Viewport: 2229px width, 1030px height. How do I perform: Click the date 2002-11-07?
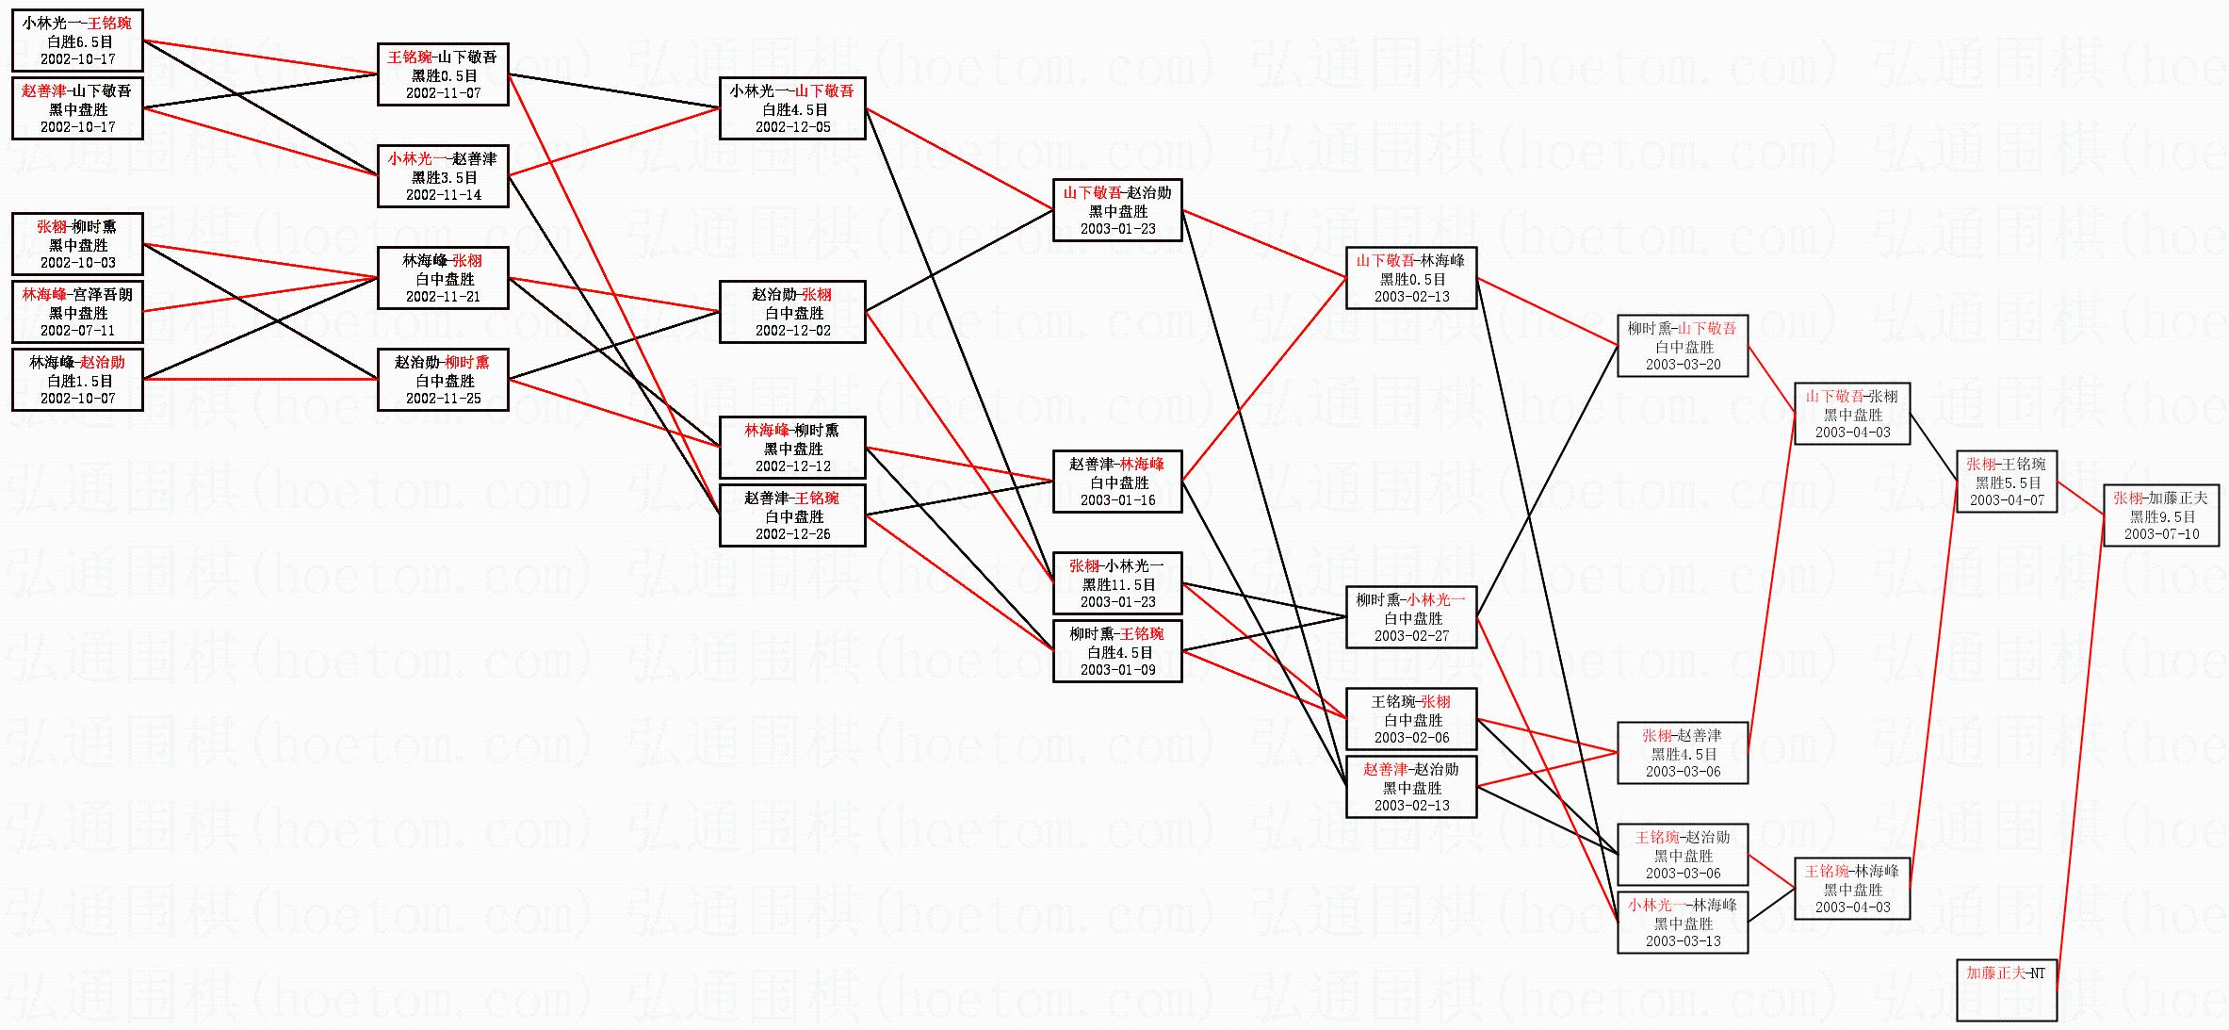pyautogui.click(x=443, y=93)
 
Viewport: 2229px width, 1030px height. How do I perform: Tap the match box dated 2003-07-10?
pyautogui.click(x=2161, y=515)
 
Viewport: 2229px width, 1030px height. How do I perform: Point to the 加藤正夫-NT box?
pyautogui.click(x=2006, y=989)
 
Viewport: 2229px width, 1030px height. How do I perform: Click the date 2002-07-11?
pyautogui.click(x=77, y=331)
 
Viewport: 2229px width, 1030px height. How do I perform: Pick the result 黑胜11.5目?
pyautogui.click(x=1118, y=584)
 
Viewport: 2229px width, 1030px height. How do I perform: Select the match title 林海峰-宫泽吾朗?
pyautogui.click(x=77, y=295)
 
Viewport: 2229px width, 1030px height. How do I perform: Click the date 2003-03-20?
pyautogui.click(x=1683, y=365)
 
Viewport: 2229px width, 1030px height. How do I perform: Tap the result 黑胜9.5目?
pyautogui.click(x=2162, y=516)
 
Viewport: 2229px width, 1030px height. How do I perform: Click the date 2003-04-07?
pyautogui.click(x=2007, y=500)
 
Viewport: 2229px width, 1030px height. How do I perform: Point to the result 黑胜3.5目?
pyautogui.click(x=444, y=177)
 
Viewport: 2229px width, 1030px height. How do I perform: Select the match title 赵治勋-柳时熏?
pyautogui.click(x=442, y=363)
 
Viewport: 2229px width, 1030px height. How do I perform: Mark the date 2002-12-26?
pyautogui.click(x=792, y=534)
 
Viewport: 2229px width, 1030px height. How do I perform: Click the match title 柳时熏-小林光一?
pyautogui.click(x=1410, y=600)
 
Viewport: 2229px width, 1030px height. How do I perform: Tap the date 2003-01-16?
pyautogui.click(x=1117, y=500)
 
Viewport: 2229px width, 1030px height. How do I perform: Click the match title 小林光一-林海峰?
pyautogui.click(x=1682, y=906)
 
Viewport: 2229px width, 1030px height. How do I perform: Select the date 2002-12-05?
pyautogui.click(x=792, y=127)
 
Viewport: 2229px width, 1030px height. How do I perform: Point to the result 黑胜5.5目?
pyautogui.click(x=2008, y=482)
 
